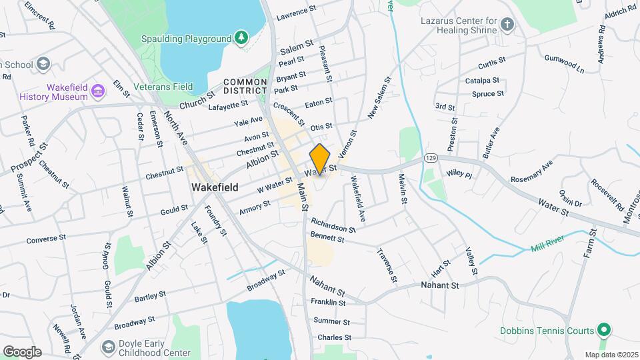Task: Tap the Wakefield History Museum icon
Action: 97,91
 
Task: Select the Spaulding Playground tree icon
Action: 240,39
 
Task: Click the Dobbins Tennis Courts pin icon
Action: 604,330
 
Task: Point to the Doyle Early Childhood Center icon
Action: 107,347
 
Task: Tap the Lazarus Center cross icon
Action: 507,25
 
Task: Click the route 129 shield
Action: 430,158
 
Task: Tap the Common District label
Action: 245,86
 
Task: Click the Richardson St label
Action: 333,224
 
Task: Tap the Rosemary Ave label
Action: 531,171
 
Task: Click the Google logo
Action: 22,351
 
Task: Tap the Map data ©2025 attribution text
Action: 611,354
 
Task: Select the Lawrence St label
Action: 296,13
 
